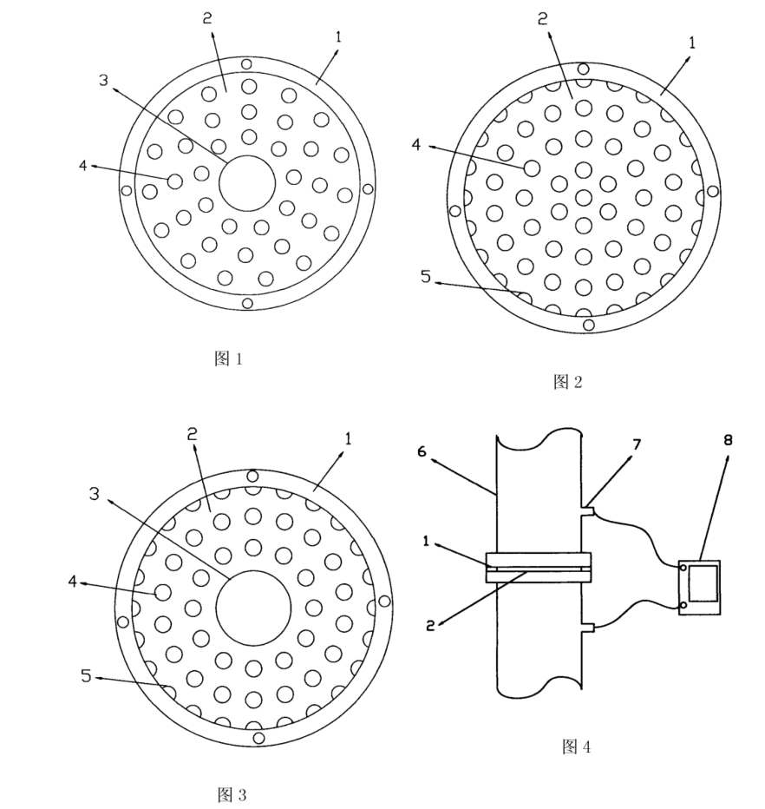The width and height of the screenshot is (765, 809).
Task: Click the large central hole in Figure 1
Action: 247,183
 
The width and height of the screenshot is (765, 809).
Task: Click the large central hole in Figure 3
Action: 253,603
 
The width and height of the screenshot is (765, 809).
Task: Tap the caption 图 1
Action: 228,358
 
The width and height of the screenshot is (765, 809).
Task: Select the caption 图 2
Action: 567,382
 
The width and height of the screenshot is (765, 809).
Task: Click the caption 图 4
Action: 577,746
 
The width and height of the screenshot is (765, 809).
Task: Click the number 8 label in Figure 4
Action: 729,440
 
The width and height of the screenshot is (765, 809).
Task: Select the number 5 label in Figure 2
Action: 425,277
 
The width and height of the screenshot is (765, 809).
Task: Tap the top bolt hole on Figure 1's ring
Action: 247,63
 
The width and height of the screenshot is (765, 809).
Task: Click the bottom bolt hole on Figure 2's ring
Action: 589,325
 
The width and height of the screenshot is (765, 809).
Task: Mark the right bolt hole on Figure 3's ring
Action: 384,601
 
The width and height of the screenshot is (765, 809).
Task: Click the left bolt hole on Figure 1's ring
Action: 127,190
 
